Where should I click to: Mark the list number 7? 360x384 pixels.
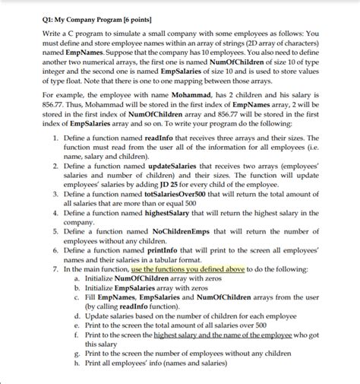point(55,269)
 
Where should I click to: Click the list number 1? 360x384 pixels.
point(55,135)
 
